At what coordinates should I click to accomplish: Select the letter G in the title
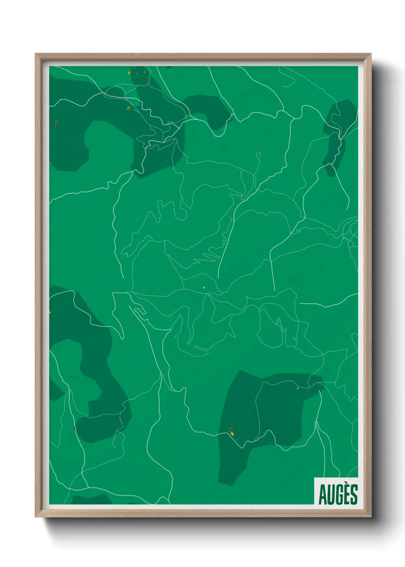[x=339, y=496]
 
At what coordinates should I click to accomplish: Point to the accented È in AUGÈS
[x=347, y=496]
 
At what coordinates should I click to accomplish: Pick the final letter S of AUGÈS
[x=354, y=496]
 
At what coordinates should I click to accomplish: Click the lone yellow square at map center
[x=204, y=287]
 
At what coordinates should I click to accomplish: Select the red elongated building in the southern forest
[x=230, y=428]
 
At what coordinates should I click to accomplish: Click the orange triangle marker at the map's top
[x=144, y=72]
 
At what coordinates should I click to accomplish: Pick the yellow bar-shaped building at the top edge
[x=129, y=72]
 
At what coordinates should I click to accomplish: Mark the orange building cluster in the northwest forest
[x=129, y=108]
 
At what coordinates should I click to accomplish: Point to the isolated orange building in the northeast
[x=260, y=153]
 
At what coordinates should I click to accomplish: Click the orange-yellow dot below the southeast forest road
[x=297, y=389]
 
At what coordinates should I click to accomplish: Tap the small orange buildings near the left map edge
[x=56, y=123]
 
